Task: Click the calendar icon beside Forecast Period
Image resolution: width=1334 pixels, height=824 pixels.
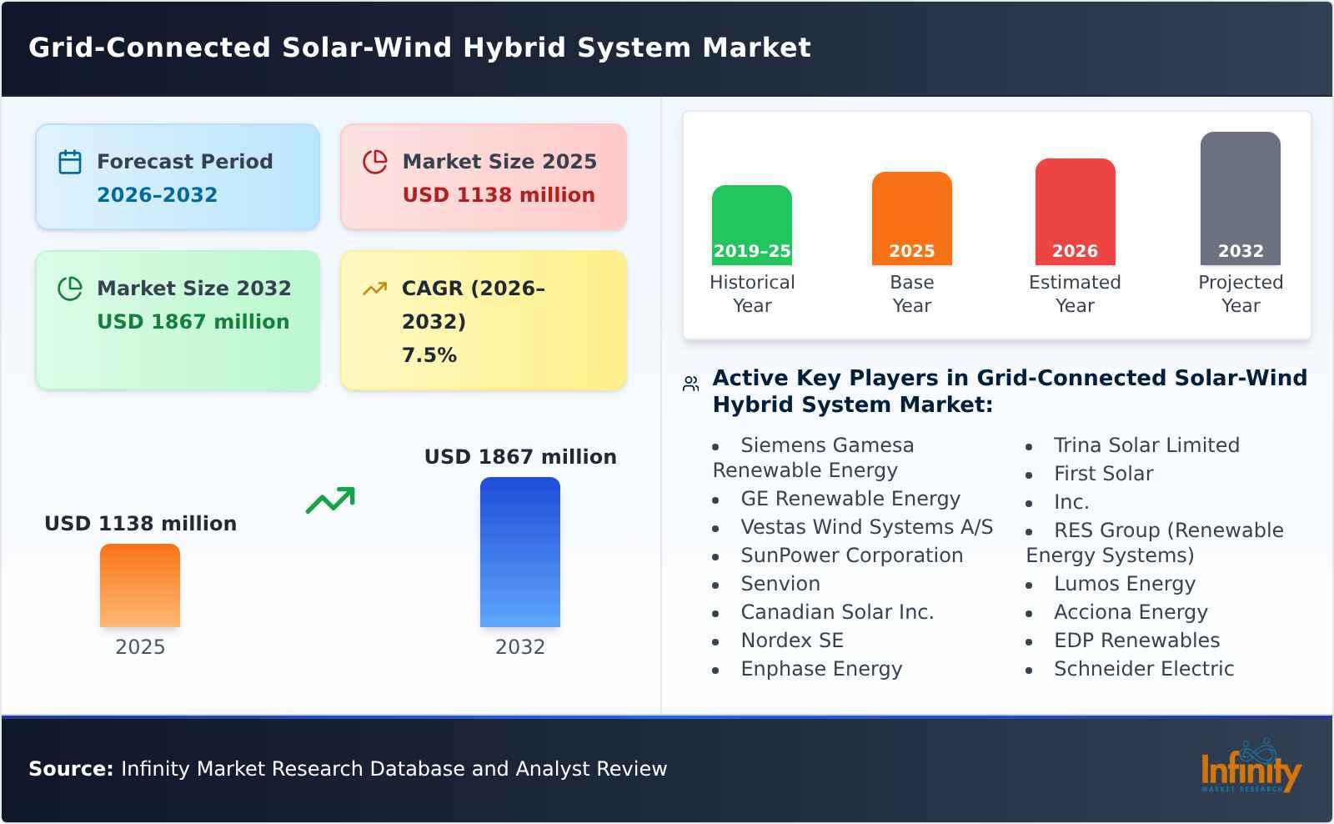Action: (x=70, y=162)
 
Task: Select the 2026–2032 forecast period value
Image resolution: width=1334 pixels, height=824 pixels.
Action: (x=157, y=195)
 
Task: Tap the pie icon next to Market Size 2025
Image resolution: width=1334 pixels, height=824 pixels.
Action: (x=375, y=162)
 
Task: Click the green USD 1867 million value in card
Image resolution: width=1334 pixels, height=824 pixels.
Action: (x=193, y=322)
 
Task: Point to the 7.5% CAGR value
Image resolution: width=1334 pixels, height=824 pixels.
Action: (x=429, y=355)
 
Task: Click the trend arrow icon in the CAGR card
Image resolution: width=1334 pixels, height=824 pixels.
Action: (x=374, y=289)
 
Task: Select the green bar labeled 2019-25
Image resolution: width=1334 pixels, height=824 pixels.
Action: (x=751, y=224)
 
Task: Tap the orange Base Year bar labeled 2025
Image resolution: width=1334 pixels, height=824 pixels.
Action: (x=911, y=218)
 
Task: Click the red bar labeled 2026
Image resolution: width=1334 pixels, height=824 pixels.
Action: (x=1075, y=211)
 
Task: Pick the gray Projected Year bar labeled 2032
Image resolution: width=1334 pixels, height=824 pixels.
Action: (x=1240, y=198)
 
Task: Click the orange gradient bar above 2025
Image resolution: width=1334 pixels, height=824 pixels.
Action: (x=140, y=585)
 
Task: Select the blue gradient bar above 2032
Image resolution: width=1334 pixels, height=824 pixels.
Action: (x=519, y=551)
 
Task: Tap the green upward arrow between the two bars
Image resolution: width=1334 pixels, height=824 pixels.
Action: (x=330, y=500)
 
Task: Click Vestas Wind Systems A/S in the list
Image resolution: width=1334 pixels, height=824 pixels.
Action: (x=866, y=527)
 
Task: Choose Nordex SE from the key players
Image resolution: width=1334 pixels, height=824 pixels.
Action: (x=791, y=641)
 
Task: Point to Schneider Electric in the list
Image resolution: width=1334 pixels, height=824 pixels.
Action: (x=1143, y=669)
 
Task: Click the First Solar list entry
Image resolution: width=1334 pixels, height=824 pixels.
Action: (x=1103, y=474)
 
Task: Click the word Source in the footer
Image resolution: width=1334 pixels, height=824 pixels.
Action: (x=70, y=769)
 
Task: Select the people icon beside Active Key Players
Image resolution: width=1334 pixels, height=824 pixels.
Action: (x=690, y=384)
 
